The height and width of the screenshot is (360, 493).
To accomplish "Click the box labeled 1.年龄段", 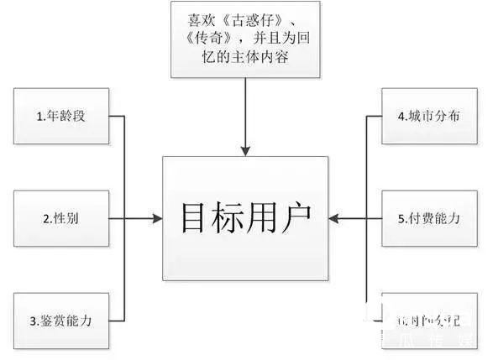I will coord(61,117).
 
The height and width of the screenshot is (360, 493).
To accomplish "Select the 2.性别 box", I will coord(61,218).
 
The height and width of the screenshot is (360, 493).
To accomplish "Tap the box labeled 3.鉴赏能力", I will coord(61,320).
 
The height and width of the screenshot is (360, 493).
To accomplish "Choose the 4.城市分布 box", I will coord(429,117).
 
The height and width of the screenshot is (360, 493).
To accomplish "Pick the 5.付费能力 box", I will coord(429,218).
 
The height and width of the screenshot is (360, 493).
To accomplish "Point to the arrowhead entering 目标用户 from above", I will coord(245,151).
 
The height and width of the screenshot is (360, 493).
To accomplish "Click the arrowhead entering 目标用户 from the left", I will coord(157,218).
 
